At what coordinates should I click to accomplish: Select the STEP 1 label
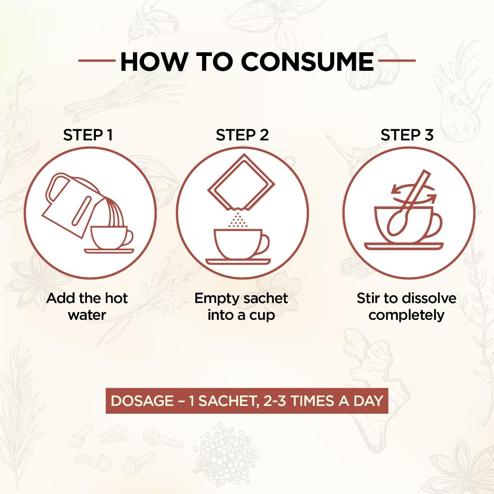coord(88,135)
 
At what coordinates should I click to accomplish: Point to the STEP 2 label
coord(242,135)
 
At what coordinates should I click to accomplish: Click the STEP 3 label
coord(407,135)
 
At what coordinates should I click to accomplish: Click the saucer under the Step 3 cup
coord(404,246)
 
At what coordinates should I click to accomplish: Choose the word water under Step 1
coord(87,315)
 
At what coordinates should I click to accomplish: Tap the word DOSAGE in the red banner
coord(142,401)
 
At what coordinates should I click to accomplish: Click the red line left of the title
coord(97,61)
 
